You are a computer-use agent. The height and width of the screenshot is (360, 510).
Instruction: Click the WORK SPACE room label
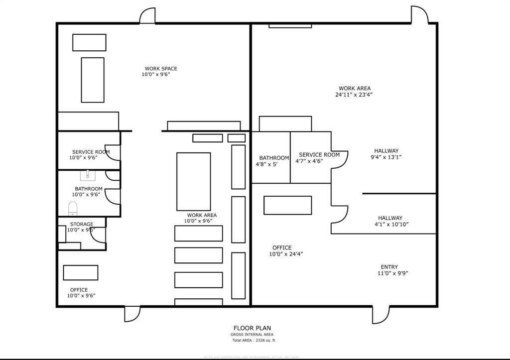click(x=161, y=69)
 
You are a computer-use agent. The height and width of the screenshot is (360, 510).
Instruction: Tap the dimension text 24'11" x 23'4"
click(x=354, y=94)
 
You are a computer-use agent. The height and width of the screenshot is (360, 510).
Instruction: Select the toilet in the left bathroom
click(x=73, y=208)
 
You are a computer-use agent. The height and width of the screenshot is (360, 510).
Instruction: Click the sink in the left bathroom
click(x=88, y=175)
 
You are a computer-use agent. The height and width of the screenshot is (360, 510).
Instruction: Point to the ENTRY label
click(x=389, y=267)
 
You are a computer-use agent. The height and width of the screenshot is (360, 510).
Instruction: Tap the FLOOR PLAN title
click(x=253, y=328)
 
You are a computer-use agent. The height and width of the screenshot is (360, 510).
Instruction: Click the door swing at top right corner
click(x=419, y=15)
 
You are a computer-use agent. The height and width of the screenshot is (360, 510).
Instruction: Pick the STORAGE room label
click(x=81, y=225)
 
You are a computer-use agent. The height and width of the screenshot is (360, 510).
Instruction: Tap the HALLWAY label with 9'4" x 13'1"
click(x=386, y=151)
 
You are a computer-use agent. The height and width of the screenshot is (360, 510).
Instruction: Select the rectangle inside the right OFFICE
click(x=287, y=205)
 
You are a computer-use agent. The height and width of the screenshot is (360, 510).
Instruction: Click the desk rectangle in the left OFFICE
click(x=80, y=272)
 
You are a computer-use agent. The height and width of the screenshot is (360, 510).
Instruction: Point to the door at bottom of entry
click(x=381, y=314)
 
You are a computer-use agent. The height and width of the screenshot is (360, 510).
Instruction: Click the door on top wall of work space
click(x=147, y=16)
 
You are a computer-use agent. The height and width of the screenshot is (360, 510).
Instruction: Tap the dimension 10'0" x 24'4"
click(x=286, y=254)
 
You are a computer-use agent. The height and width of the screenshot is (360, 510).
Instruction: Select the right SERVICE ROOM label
click(x=319, y=155)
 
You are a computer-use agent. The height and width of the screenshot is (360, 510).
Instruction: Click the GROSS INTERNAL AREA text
click(x=253, y=335)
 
